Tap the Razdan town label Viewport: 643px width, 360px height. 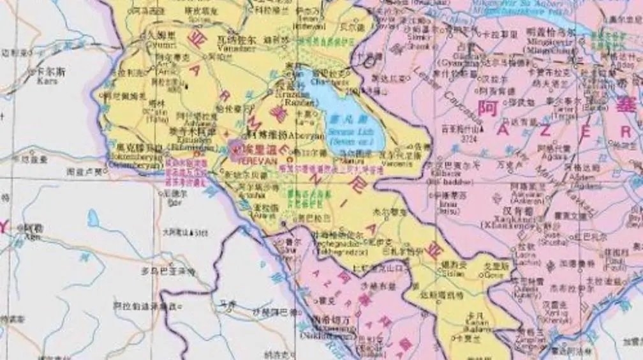(297, 101)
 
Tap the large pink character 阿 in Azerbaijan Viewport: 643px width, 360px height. (487, 109)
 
